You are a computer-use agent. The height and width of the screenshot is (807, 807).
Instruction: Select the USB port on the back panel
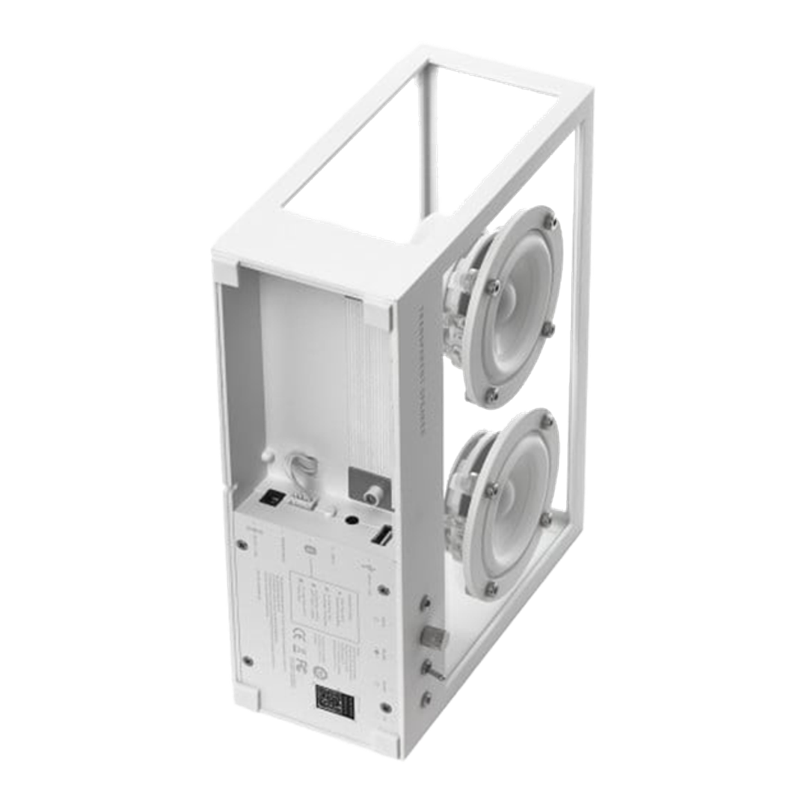click(380, 538)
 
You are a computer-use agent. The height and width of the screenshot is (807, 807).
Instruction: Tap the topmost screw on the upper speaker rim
click(549, 221)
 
